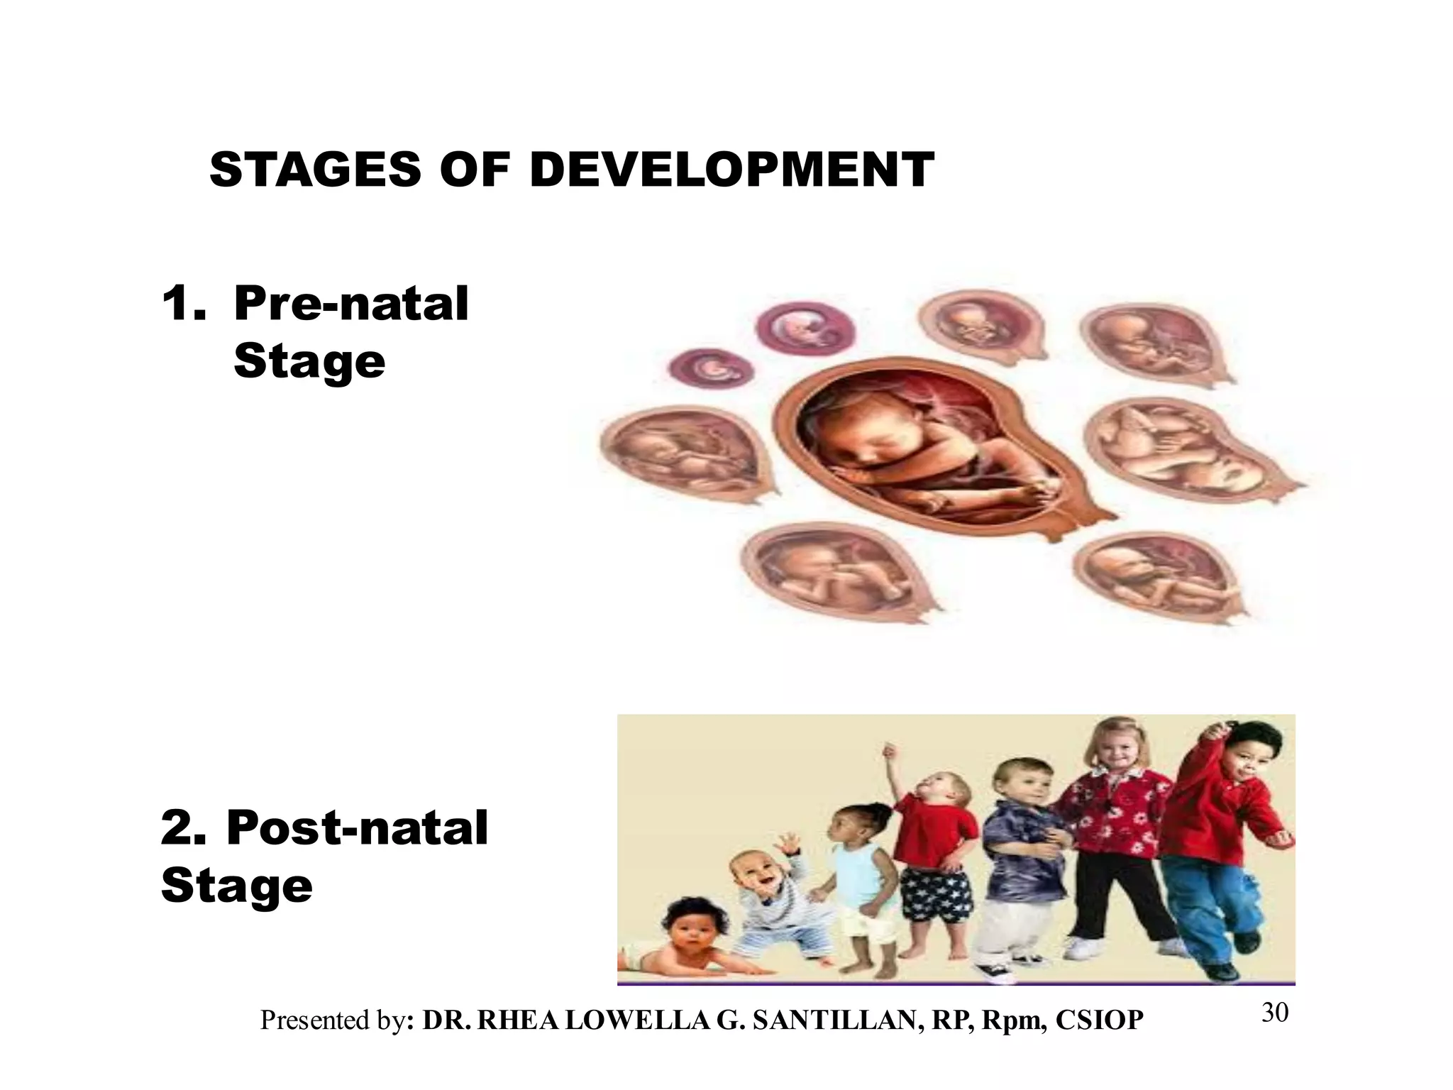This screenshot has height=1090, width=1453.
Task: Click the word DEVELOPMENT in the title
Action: [731, 170]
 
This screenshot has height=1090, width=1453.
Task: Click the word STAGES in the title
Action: [315, 170]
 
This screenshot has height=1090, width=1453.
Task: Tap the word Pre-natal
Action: [351, 304]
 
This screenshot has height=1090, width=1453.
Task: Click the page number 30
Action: [1274, 1013]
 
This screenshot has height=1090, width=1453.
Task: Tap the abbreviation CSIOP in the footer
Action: [1099, 1020]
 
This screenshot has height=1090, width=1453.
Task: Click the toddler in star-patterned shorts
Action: [933, 852]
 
